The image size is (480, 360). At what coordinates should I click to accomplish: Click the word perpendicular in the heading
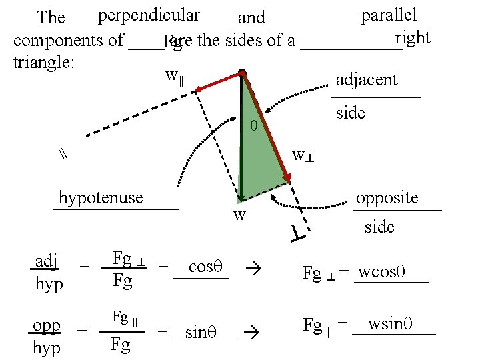pos(148,15)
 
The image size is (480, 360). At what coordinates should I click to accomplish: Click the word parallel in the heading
pos(389,15)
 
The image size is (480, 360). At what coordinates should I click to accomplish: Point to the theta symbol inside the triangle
pos(253,125)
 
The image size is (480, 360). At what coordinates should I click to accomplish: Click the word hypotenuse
pos(101,197)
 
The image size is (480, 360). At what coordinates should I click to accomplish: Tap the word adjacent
pos(367,80)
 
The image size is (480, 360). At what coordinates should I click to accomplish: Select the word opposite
pos(387,197)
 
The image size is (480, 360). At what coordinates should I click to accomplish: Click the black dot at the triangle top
pos(242,73)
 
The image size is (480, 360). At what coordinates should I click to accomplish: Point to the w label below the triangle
pos(239,215)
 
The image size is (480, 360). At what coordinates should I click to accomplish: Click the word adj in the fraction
pos(46,260)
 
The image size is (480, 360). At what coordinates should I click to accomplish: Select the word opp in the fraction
pos(47,325)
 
